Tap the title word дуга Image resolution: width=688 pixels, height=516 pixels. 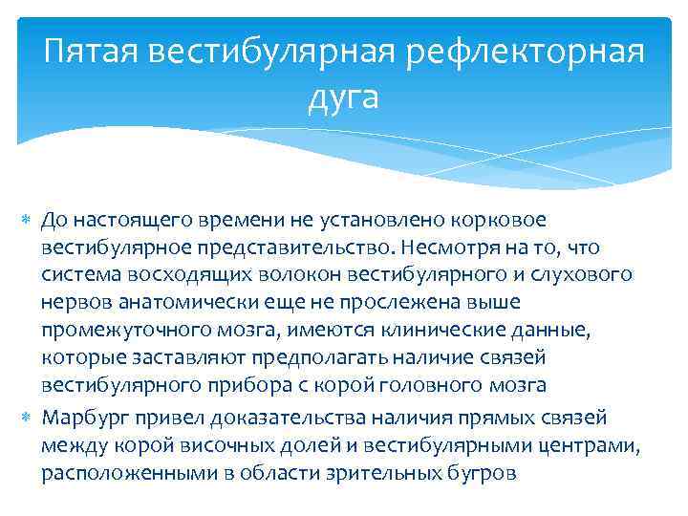(344, 96)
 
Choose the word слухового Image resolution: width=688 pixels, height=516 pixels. (582, 274)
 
